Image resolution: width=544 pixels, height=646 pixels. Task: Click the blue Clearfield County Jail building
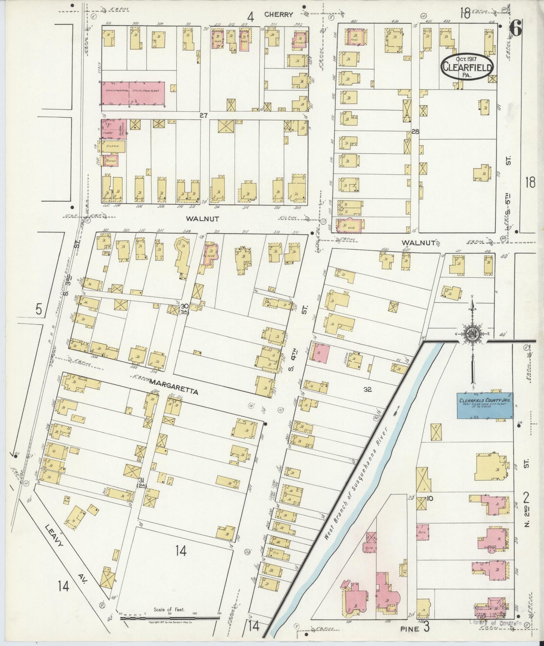click(485, 406)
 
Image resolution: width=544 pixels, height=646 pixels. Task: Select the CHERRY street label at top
click(279, 15)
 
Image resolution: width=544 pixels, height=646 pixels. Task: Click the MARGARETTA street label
click(174, 382)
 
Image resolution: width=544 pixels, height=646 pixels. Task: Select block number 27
click(204, 116)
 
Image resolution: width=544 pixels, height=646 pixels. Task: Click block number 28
click(415, 132)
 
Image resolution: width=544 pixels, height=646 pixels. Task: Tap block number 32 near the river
click(367, 390)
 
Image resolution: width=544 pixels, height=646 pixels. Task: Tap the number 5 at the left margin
click(39, 309)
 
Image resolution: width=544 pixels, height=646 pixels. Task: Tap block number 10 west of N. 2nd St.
click(430, 498)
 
